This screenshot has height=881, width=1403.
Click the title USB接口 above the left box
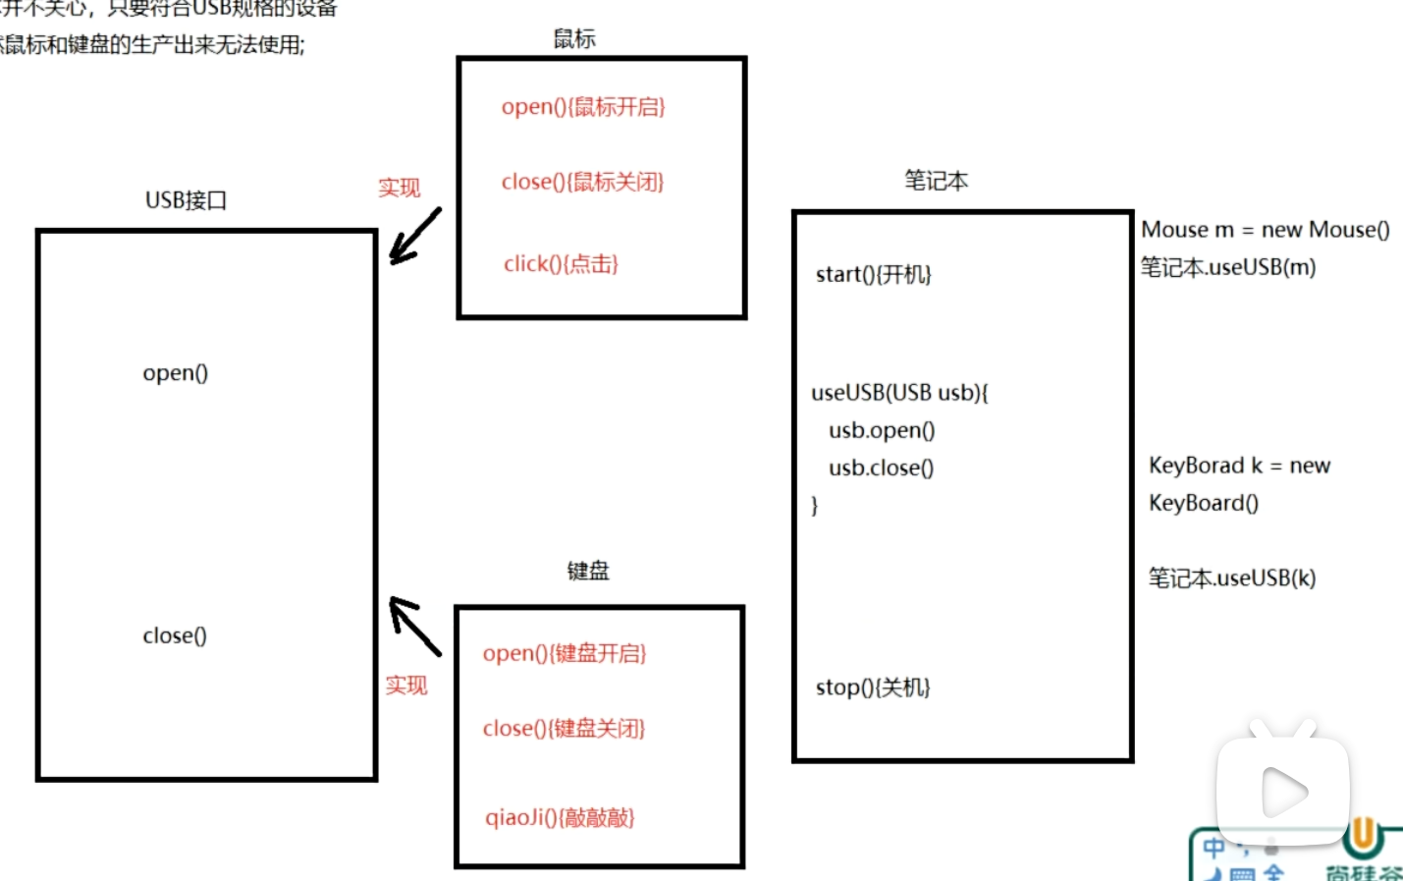187,200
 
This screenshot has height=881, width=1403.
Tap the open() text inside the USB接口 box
176,373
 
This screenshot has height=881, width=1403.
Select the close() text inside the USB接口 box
175,635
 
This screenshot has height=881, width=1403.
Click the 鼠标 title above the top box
574,39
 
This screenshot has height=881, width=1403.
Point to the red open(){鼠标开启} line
583,107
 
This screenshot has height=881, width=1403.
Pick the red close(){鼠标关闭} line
582,182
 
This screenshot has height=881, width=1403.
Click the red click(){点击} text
561,263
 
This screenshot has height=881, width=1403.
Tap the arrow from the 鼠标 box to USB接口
415,236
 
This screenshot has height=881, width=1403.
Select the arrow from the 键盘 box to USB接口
415,626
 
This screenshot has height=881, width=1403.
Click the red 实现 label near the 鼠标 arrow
400,188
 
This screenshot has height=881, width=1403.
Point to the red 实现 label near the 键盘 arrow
406,685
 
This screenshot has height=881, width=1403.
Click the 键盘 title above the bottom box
588,571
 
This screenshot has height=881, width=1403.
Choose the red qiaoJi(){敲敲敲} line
560,817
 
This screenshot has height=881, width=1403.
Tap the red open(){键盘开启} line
565,653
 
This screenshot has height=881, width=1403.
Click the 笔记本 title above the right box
936,181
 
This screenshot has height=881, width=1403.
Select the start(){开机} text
873,274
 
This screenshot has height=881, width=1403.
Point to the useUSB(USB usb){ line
899,393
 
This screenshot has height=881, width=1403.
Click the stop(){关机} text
873,688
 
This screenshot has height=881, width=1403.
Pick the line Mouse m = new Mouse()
1265,230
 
